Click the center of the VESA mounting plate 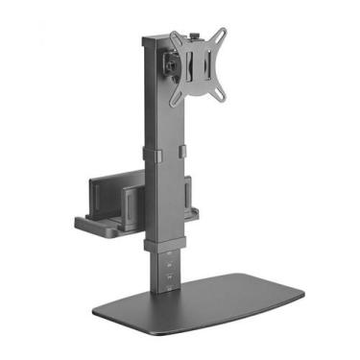pyautogui.click(x=200, y=67)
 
